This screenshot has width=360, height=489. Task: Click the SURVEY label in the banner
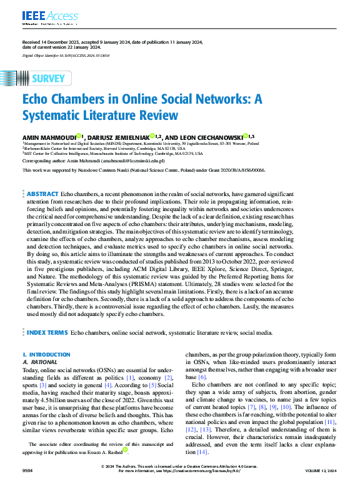click(47, 78)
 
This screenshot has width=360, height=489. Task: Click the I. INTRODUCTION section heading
click(46, 355)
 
